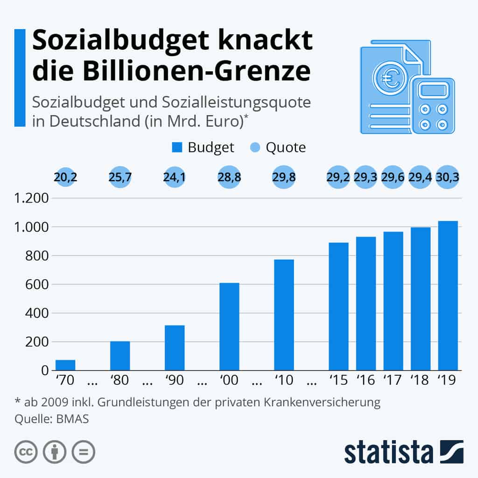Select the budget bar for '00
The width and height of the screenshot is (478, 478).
(229, 326)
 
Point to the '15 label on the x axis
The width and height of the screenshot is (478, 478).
(338, 380)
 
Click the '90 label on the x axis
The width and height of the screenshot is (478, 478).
(175, 380)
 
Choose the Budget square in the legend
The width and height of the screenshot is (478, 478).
(177, 148)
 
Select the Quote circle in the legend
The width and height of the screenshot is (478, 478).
(255, 148)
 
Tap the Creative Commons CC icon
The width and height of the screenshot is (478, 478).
(26, 452)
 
